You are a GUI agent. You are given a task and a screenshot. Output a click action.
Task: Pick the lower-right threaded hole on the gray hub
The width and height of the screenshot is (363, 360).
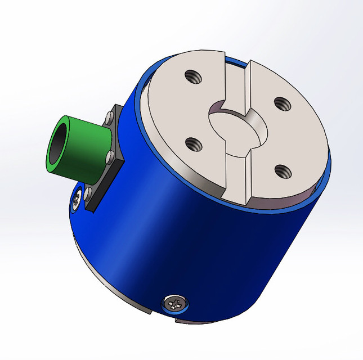coord(279,169)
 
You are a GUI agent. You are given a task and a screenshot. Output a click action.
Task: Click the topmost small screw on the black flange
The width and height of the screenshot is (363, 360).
coord(109,119)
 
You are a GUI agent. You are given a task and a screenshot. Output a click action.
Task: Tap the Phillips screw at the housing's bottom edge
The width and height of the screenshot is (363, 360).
coord(175,304)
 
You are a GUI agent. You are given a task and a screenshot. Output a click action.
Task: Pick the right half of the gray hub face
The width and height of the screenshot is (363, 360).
coord(287,135)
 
